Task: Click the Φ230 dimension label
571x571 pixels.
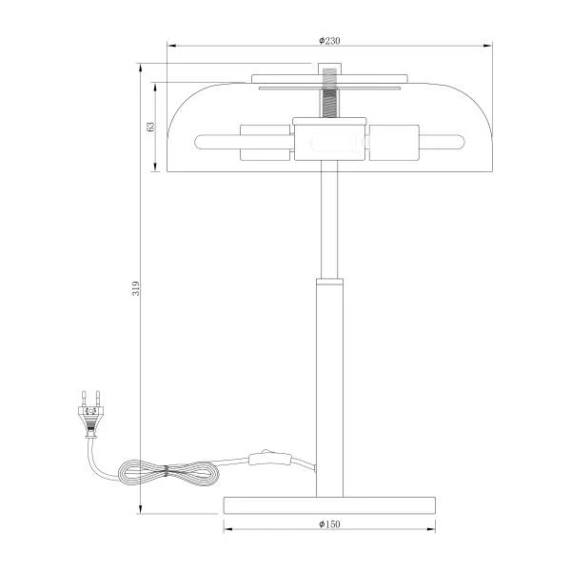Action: point(329,40)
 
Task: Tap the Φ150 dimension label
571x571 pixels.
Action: point(329,524)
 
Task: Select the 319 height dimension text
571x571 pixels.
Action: point(135,288)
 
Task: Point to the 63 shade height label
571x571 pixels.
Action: point(150,127)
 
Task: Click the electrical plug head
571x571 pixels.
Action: point(90,419)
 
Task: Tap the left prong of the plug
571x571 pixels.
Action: point(84,399)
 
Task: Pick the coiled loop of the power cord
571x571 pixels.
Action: point(168,472)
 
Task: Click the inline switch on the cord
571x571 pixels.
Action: point(269,459)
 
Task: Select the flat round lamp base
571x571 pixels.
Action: point(329,505)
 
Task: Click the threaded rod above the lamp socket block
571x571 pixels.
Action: point(329,103)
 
